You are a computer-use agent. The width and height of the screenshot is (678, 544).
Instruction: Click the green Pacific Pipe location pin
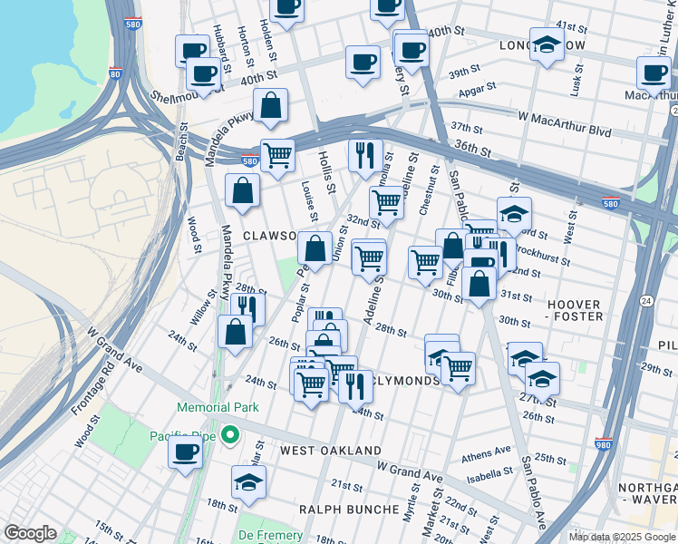pyautogui.click(x=230, y=437)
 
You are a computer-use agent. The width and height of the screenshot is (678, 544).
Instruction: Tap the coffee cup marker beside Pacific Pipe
pyautogui.click(x=186, y=452)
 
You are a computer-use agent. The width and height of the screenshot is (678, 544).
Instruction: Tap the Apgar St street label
pyautogui.click(x=478, y=89)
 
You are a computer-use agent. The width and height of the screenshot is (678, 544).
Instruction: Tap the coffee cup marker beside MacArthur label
pyautogui.click(x=654, y=73)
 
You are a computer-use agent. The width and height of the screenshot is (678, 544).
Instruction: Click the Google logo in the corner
pyautogui.click(x=31, y=533)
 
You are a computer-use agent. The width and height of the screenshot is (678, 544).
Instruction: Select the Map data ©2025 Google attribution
pyautogui.click(x=621, y=537)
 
